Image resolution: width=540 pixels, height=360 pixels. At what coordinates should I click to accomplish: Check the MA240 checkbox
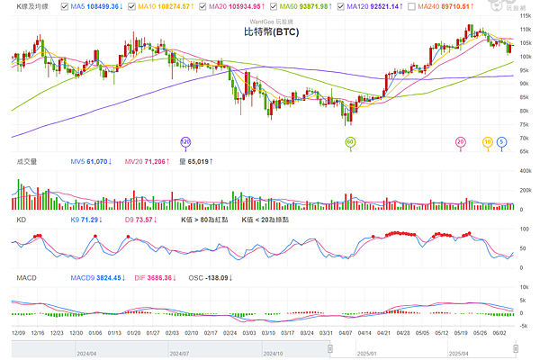coord(423,7)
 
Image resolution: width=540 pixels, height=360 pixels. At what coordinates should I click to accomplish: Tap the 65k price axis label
coord(526,151)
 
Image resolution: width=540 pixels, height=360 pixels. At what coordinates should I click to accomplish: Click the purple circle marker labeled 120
coord(186,142)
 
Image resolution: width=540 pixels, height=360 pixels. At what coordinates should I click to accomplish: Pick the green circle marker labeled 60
coord(351,142)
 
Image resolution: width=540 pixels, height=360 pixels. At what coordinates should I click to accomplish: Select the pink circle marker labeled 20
coord(461,142)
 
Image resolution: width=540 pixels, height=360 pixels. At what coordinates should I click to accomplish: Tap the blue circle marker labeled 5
coord(500,142)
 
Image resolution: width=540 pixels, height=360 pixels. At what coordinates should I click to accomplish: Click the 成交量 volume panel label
coord(27,162)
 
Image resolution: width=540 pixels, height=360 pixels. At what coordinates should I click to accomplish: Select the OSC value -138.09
coord(213,278)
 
